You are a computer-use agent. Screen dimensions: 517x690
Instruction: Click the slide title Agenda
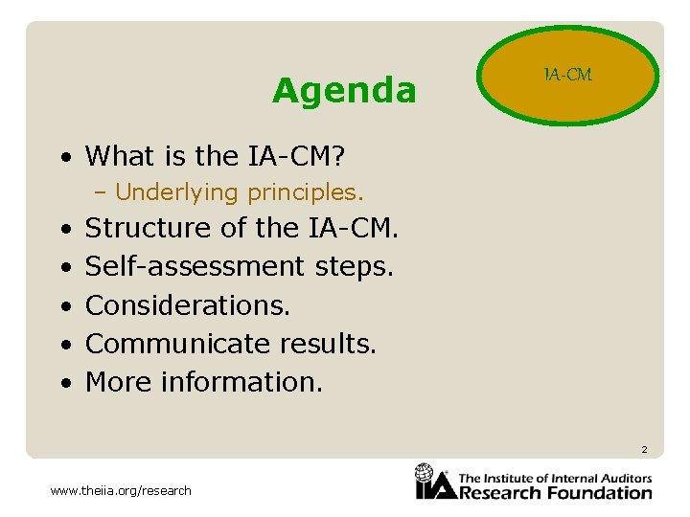344,91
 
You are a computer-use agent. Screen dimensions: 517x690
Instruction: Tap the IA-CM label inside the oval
568,75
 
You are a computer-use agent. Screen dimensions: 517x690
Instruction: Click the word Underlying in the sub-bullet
176,192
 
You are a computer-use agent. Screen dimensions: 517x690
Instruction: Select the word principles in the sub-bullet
306,192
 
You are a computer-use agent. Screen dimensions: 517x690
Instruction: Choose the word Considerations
188,305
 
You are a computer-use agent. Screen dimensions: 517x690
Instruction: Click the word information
242,382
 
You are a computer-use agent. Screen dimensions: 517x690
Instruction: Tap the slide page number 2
644,450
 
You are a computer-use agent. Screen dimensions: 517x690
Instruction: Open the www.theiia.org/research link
121,491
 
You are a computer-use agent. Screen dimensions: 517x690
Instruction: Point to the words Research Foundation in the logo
557,493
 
